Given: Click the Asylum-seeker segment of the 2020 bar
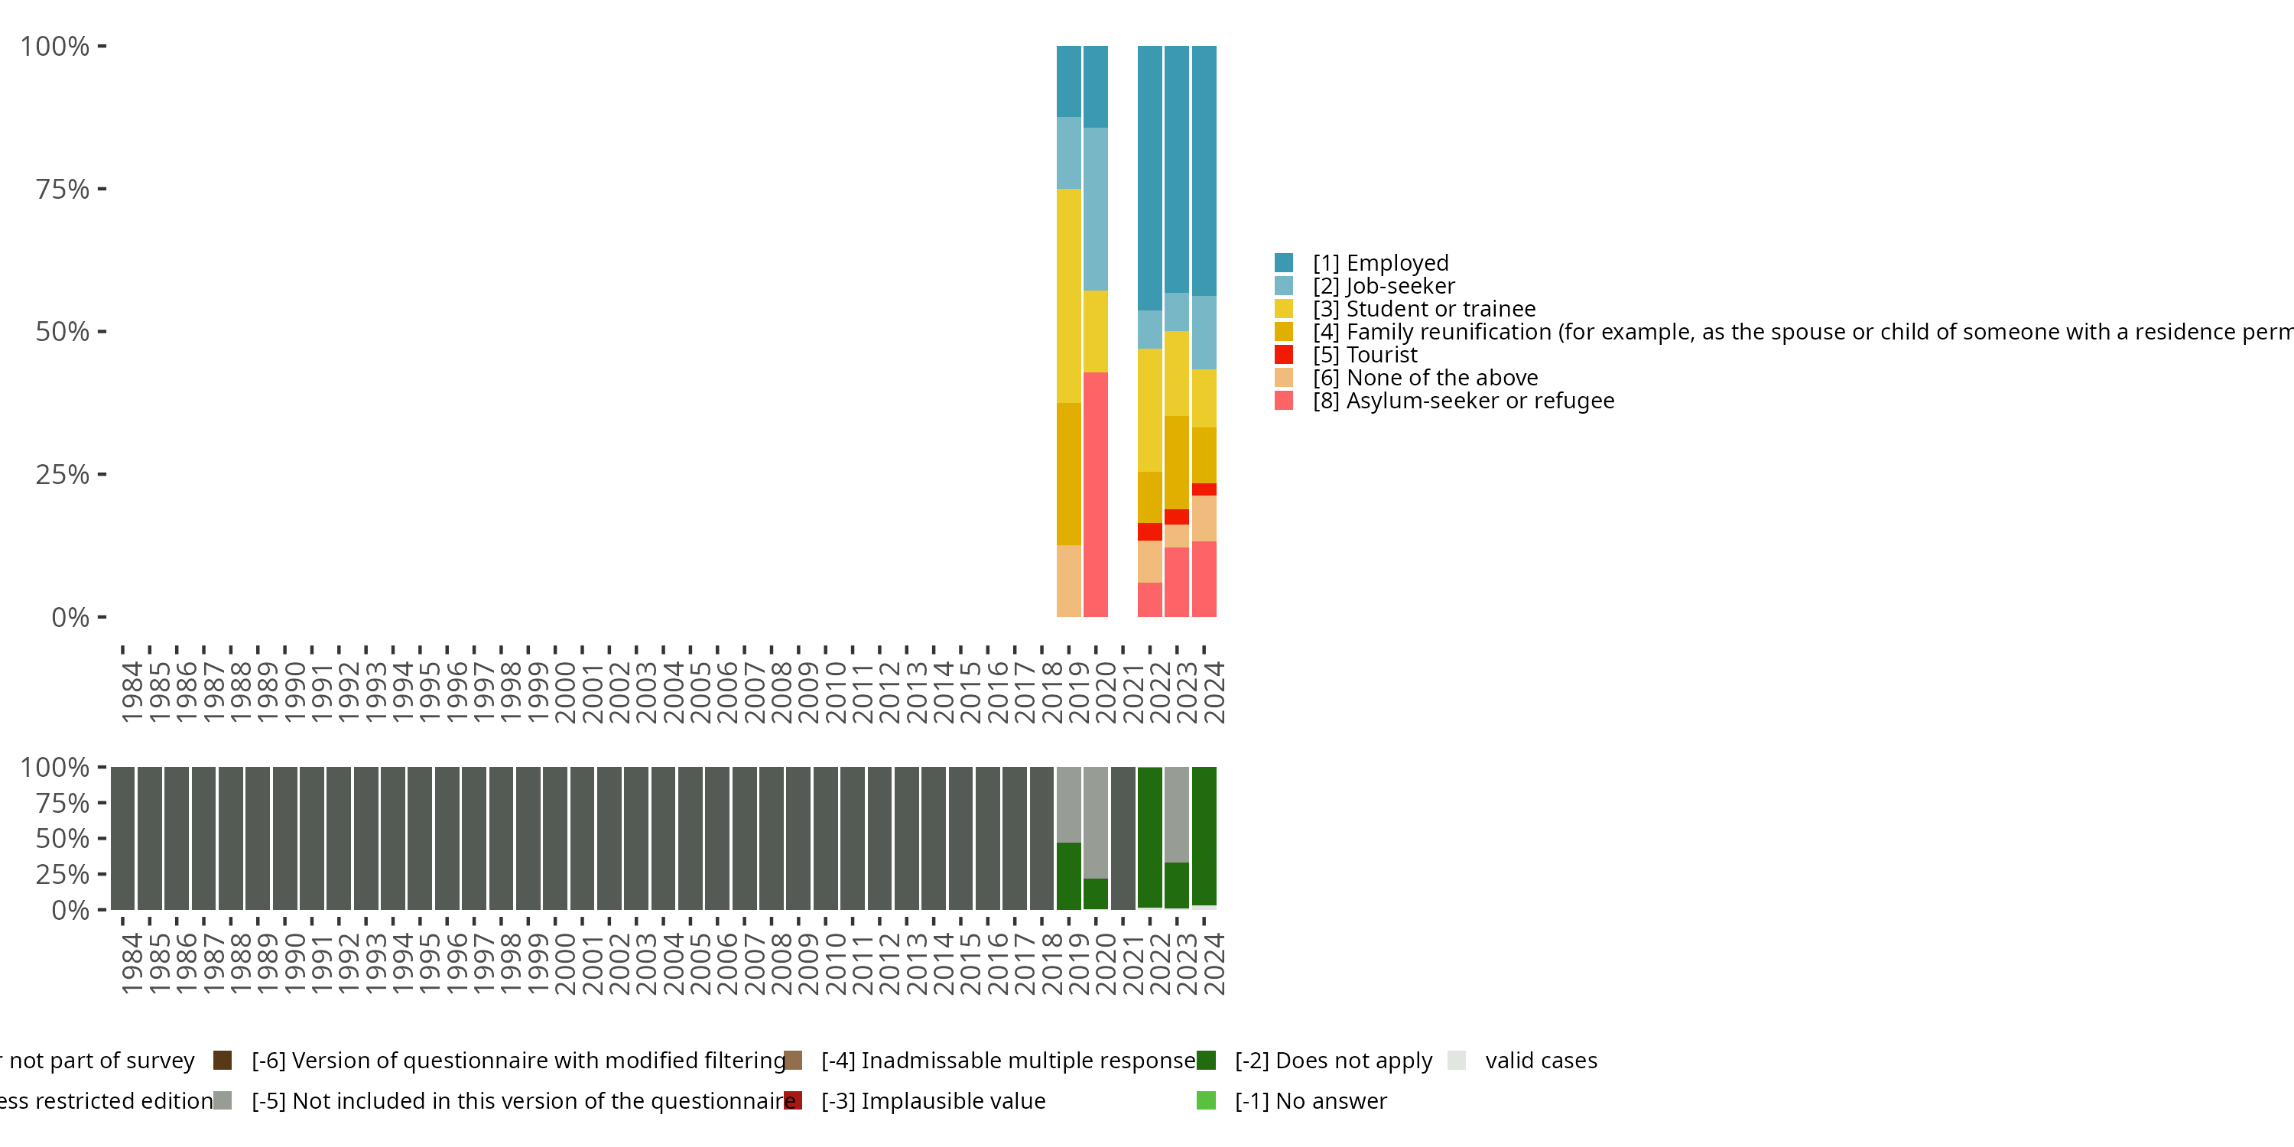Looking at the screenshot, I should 1095,494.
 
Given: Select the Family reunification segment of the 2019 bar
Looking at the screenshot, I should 1069,474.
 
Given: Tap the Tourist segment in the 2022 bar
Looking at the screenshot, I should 1149,531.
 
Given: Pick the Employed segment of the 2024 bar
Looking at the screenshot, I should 1204,170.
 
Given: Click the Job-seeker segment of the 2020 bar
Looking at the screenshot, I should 1095,209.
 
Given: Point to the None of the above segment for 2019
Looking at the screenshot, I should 1069,580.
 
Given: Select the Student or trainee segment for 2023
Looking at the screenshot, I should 1176,373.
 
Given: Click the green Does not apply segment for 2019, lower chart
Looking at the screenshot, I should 1069,876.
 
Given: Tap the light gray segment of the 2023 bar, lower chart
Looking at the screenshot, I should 1176,814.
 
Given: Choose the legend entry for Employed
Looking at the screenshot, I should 1397,263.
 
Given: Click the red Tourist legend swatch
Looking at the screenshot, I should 1283,355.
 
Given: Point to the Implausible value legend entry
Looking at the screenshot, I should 932,1100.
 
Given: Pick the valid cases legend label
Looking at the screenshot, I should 1541,1061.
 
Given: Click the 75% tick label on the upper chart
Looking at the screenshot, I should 63,189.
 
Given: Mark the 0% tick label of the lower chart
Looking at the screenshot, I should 70,910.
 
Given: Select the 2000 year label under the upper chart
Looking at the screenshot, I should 566,692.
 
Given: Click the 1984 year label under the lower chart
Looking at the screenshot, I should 132,963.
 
